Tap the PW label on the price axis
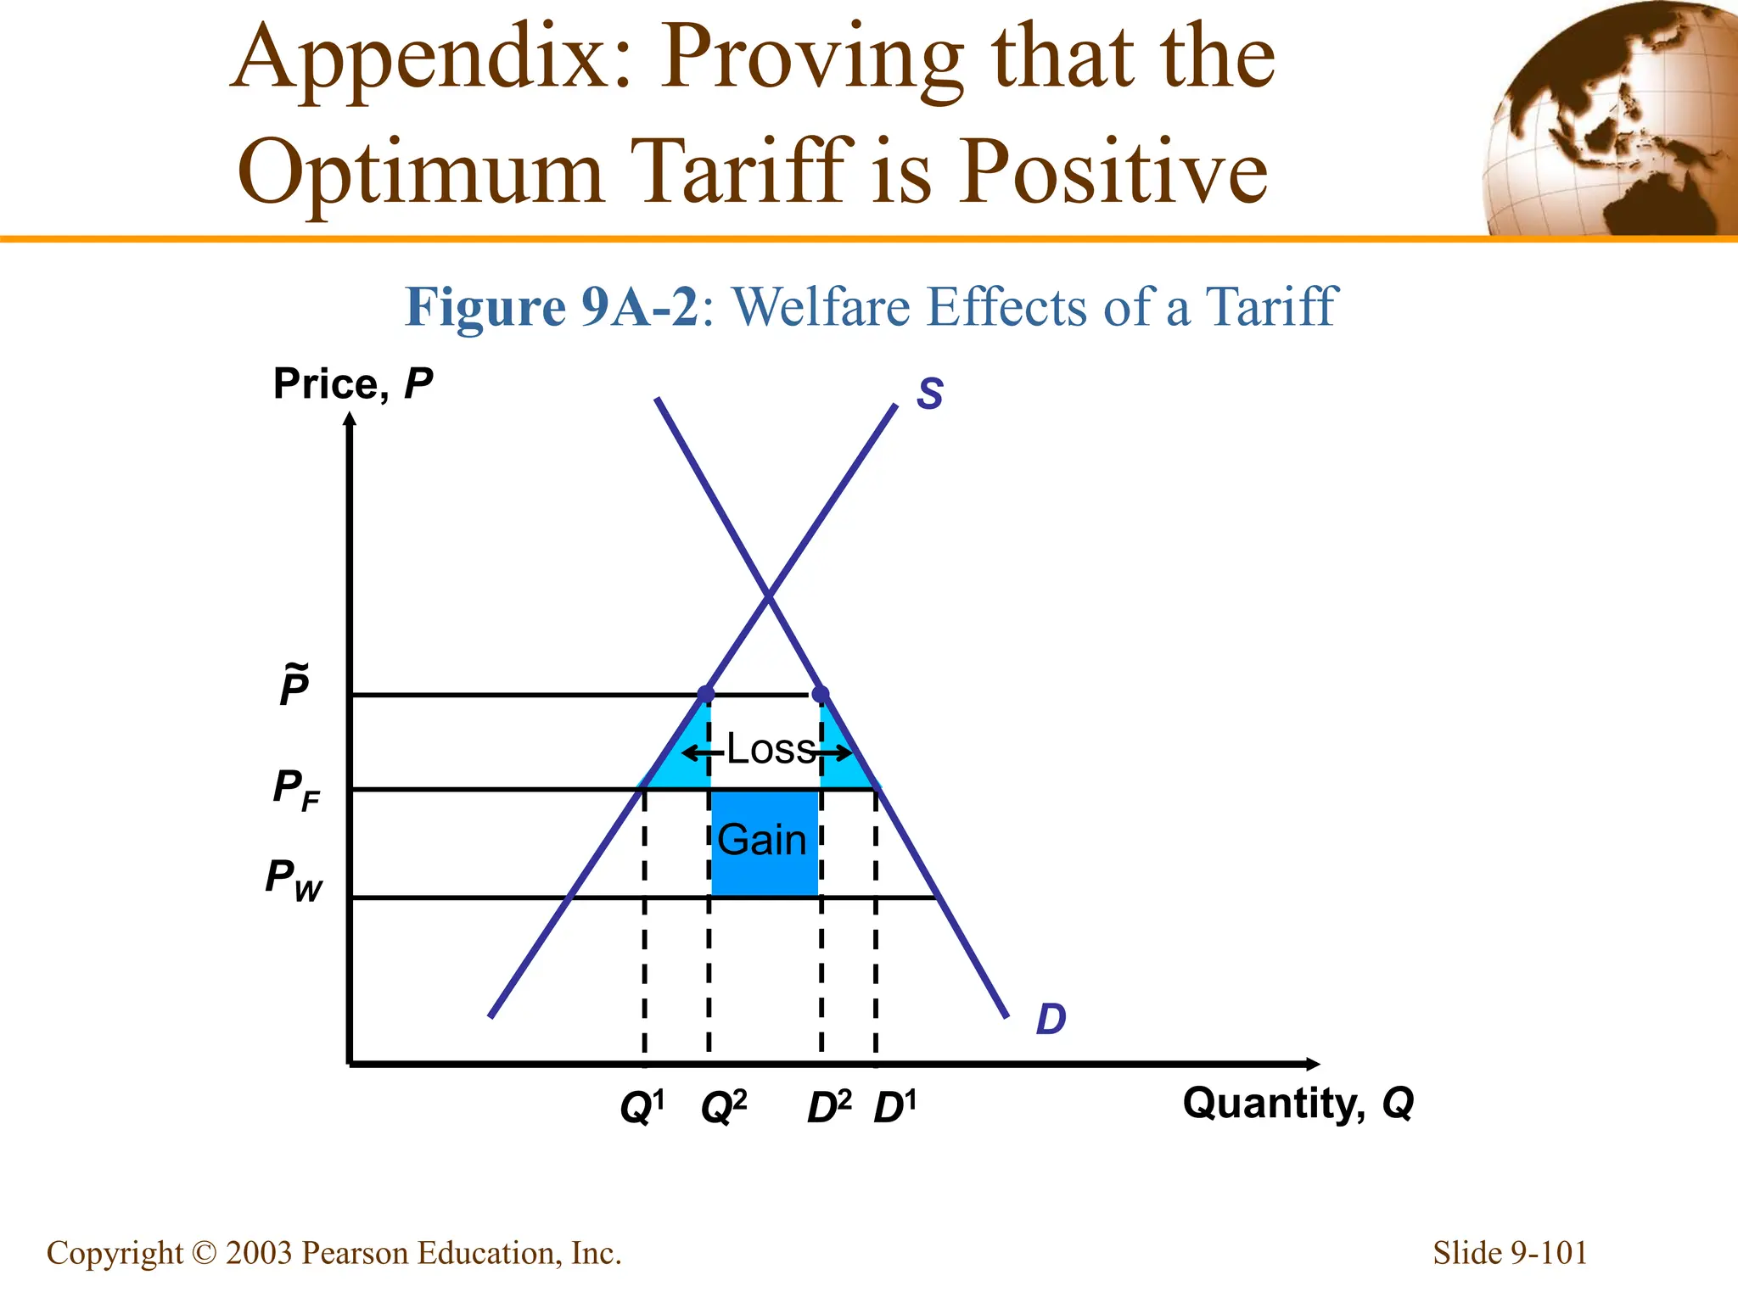click(294, 881)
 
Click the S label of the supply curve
click(930, 394)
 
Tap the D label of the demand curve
click(1051, 1019)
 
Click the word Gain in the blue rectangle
click(762, 841)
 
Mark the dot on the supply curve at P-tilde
click(705, 695)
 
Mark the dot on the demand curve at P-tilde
click(821, 695)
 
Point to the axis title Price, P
click(353, 384)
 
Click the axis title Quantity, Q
click(1298, 1104)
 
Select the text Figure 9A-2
click(552, 307)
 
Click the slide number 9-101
click(1510, 1253)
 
